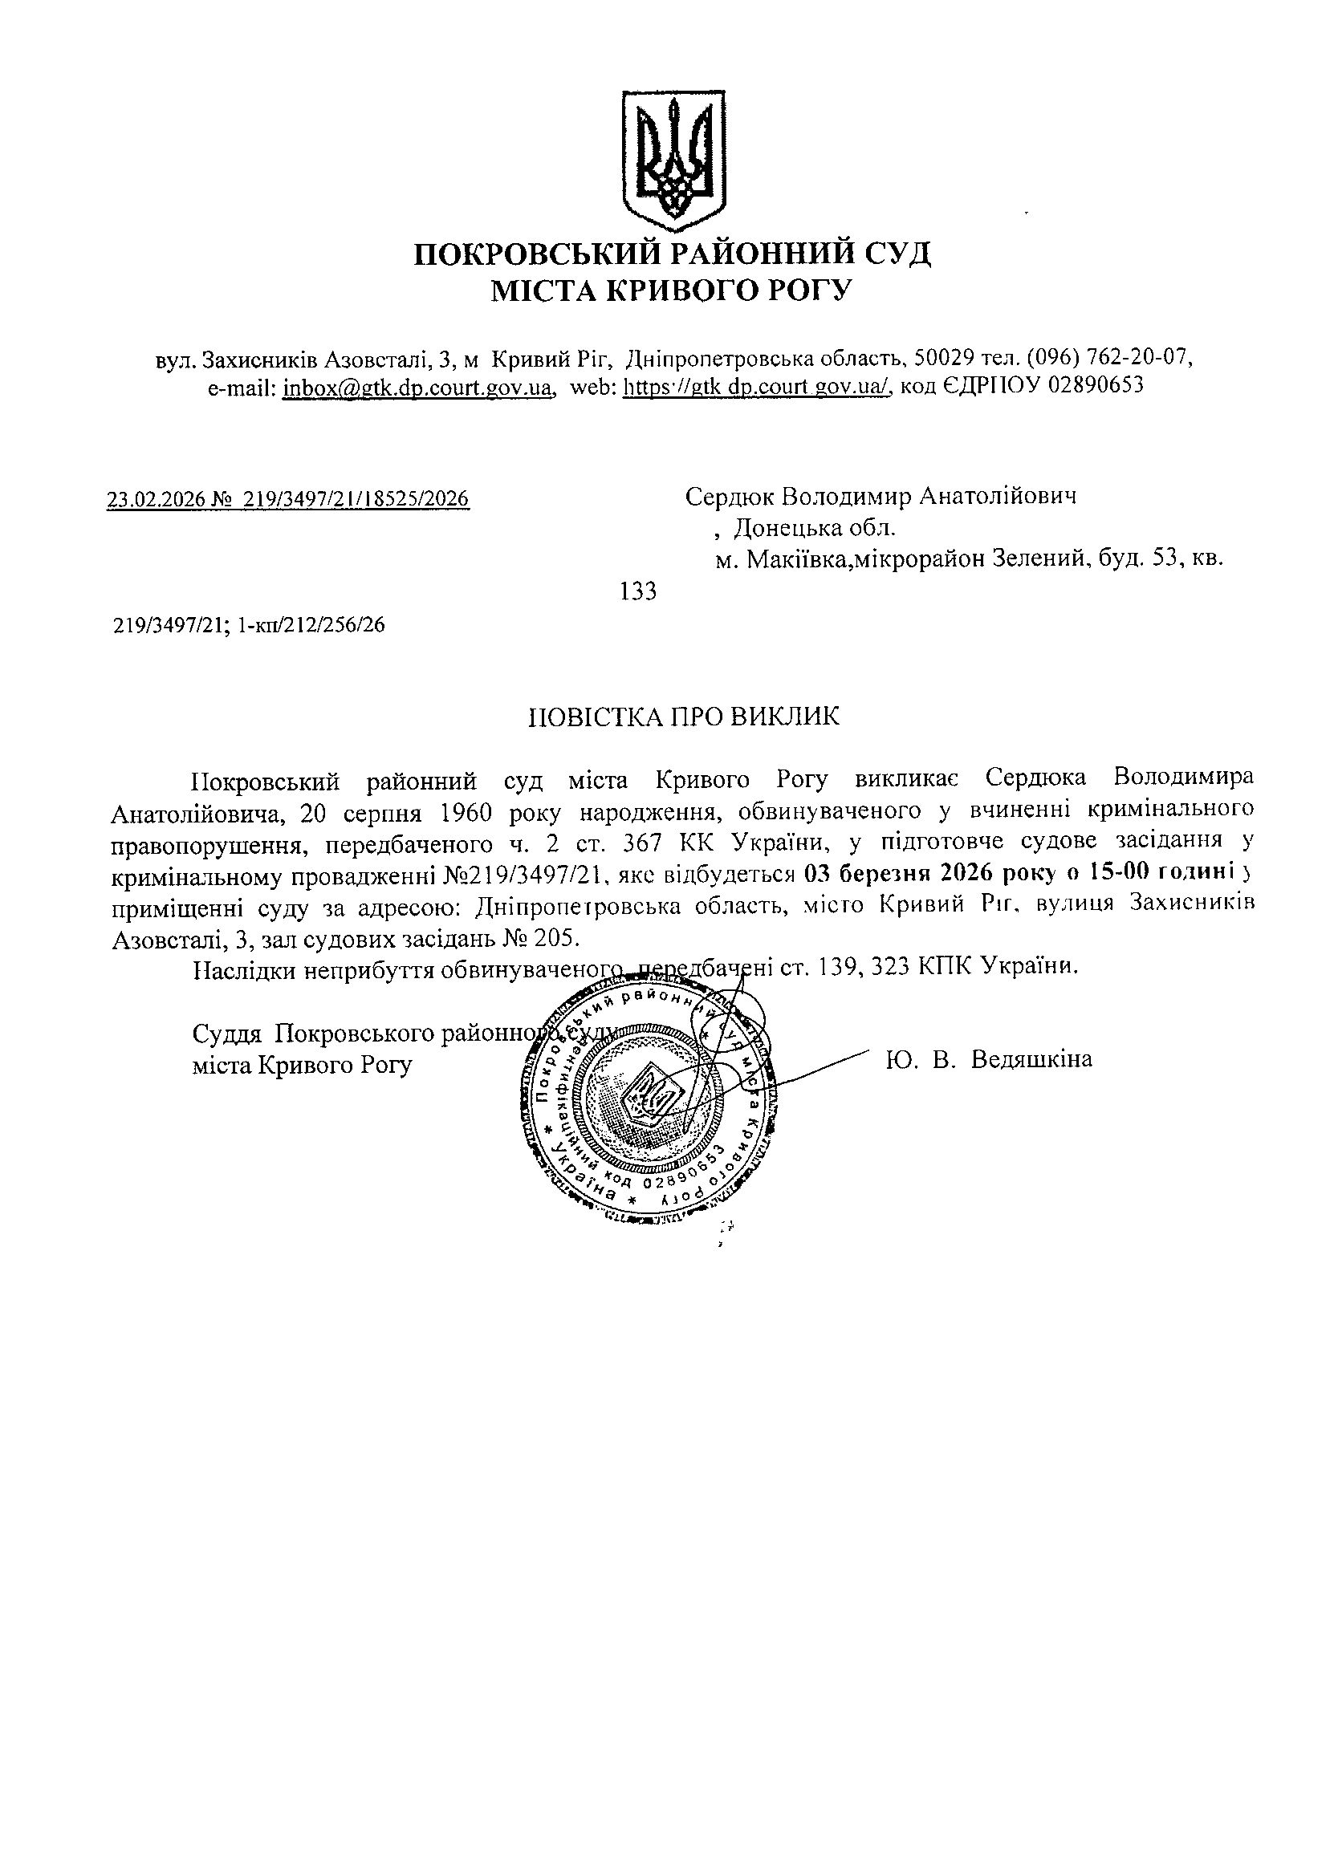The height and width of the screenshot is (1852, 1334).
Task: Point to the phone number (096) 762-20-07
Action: click(x=1110, y=358)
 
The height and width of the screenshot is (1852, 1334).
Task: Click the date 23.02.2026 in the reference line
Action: click(x=156, y=498)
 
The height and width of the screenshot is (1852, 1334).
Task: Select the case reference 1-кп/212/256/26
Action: click(x=311, y=626)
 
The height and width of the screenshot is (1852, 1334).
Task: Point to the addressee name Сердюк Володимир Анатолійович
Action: click(x=880, y=496)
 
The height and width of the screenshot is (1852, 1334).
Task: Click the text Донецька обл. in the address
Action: click(x=815, y=528)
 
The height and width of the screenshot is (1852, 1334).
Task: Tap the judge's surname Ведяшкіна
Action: click(x=1031, y=1060)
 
